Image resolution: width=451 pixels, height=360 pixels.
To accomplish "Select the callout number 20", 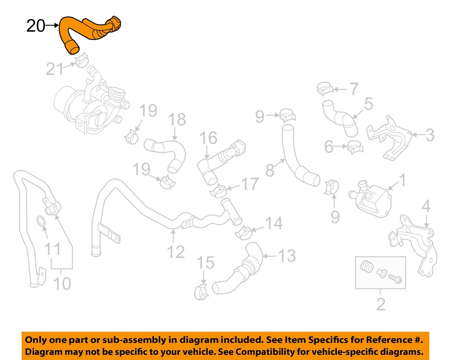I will coord(36,26).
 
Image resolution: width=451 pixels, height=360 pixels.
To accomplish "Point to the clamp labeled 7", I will coord(325,89).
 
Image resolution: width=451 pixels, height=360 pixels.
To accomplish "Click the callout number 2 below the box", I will coord(381,304).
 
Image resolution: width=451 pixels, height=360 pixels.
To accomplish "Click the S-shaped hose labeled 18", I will coord(167,153).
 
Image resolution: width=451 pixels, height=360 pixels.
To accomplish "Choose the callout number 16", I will coord(208,138).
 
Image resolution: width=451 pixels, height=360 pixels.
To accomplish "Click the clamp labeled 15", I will coord(201,292).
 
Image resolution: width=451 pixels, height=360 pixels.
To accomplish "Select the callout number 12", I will coord(176,252).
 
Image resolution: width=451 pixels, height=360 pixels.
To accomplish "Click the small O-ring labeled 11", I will coord(41,221).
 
